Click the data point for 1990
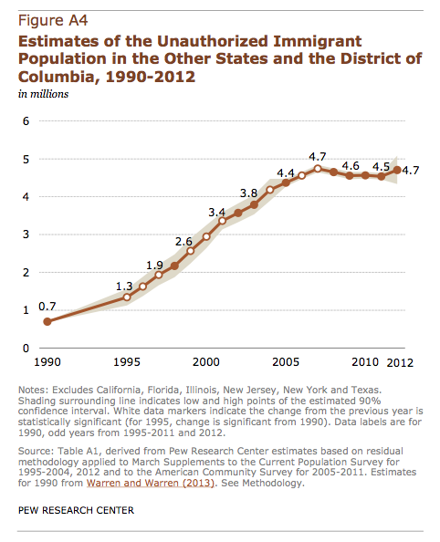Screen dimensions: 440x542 coord(47,322)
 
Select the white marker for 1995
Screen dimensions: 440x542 coord(127,297)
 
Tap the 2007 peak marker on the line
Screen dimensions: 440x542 coord(318,169)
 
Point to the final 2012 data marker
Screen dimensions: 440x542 coord(397,170)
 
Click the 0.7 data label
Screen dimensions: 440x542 coord(47,307)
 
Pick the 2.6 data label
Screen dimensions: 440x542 coord(183,241)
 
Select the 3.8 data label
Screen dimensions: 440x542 coord(248,193)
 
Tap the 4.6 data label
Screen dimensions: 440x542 coord(351,166)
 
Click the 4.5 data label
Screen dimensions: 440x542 coord(382,167)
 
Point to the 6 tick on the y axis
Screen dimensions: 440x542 coord(26,121)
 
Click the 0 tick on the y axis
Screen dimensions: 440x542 coord(26,348)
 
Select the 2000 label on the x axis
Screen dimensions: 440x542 coord(206,362)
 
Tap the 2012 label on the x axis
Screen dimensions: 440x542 coord(400,362)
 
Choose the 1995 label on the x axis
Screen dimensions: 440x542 coord(127,362)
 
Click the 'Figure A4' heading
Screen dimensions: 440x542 coord(53,21)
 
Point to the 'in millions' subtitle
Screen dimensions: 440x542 coord(43,94)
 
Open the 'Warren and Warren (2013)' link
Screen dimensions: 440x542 coord(151,483)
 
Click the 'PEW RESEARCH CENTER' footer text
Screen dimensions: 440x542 coord(76,511)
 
